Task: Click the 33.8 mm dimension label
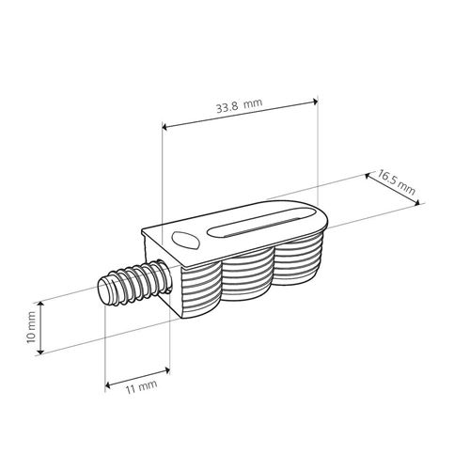[240, 105]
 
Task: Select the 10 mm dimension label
[31, 327]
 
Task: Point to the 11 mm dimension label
[141, 387]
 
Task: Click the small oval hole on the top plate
[185, 240]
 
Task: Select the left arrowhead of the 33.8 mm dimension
[165, 127]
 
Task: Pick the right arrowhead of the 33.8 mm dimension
[315, 102]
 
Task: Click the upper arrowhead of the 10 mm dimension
[39, 305]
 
